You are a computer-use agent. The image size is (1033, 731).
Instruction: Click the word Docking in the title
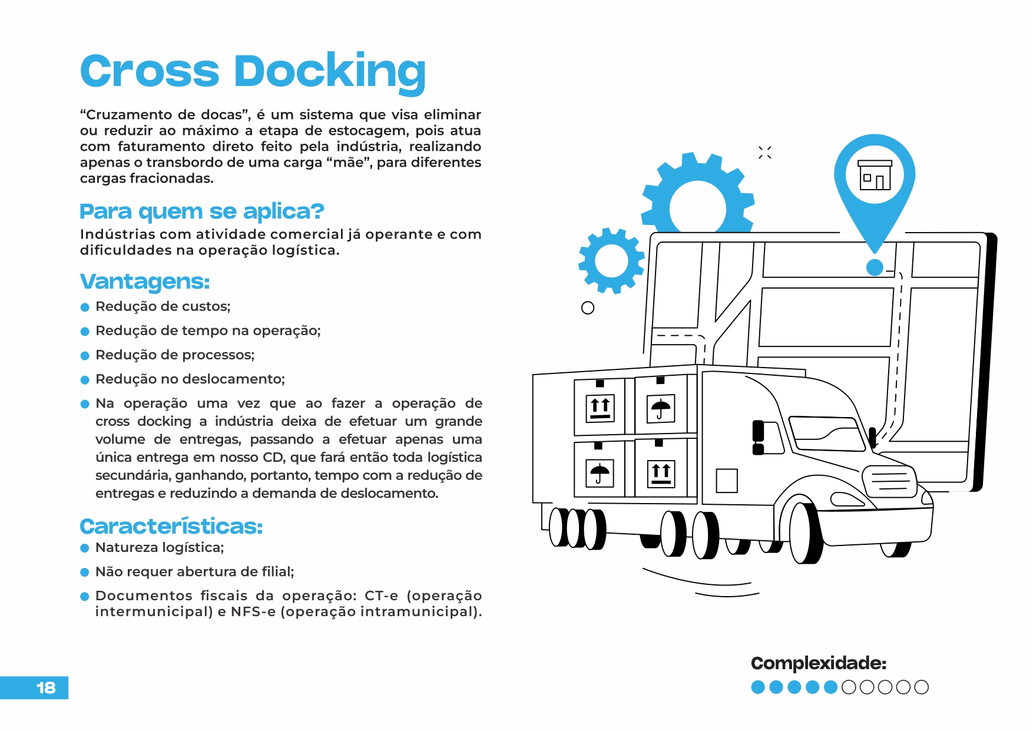330,72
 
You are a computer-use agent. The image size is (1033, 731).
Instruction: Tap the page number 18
45,687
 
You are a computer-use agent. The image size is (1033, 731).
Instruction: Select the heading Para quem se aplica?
202,211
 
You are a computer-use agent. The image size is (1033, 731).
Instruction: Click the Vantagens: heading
145,282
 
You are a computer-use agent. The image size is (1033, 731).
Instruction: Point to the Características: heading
171,526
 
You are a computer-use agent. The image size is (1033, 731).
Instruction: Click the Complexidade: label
818,663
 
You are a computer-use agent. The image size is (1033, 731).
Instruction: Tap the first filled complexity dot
758,687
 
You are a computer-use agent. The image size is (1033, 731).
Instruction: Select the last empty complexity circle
922,687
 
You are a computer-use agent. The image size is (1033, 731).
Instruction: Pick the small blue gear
611,260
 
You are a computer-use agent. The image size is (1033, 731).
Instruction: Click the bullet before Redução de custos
85,307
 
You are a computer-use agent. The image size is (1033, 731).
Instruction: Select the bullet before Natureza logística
85,548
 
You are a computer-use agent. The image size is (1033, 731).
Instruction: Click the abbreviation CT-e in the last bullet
381,596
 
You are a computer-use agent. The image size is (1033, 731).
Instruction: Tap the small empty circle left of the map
587,307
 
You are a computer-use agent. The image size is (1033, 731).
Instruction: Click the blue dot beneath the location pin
875,267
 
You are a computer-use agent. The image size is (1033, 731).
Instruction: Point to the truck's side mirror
759,438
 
